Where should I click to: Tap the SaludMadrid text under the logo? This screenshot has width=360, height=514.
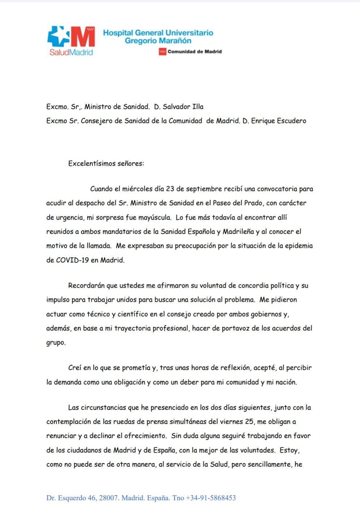[x=71, y=52]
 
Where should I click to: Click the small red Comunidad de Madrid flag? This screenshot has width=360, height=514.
[x=162, y=52]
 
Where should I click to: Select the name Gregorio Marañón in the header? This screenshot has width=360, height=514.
[x=158, y=41]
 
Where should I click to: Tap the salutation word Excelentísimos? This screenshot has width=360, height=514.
[x=92, y=163]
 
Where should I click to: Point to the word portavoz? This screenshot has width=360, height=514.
[x=240, y=328]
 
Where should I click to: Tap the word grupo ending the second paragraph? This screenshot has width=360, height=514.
[x=55, y=343]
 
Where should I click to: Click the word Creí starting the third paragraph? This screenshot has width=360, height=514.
[x=75, y=368]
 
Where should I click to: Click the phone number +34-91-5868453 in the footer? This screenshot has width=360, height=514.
[x=211, y=498]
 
